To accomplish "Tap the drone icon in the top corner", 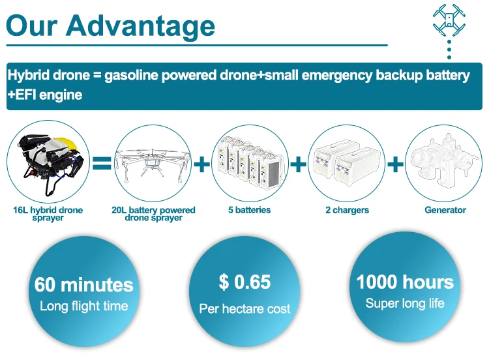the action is (449, 20).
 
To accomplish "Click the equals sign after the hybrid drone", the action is (102, 163).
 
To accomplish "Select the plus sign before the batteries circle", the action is (201, 164).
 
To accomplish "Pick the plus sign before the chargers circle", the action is (298, 164).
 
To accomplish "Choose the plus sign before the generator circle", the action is (395, 164).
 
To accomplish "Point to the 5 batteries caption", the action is (250, 210).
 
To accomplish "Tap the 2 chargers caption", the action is (347, 210).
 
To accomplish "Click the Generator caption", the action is (445, 210).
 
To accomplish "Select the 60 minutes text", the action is (84, 284).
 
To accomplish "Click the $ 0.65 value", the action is (244, 282).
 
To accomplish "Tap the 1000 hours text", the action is (405, 282).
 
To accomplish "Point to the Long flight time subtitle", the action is (84, 306).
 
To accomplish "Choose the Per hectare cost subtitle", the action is (244, 309).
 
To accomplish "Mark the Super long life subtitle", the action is (405, 303).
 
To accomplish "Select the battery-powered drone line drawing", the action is (153, 164).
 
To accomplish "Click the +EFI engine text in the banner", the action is (45, 95).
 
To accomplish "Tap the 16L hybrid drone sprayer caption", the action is (48, 214).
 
